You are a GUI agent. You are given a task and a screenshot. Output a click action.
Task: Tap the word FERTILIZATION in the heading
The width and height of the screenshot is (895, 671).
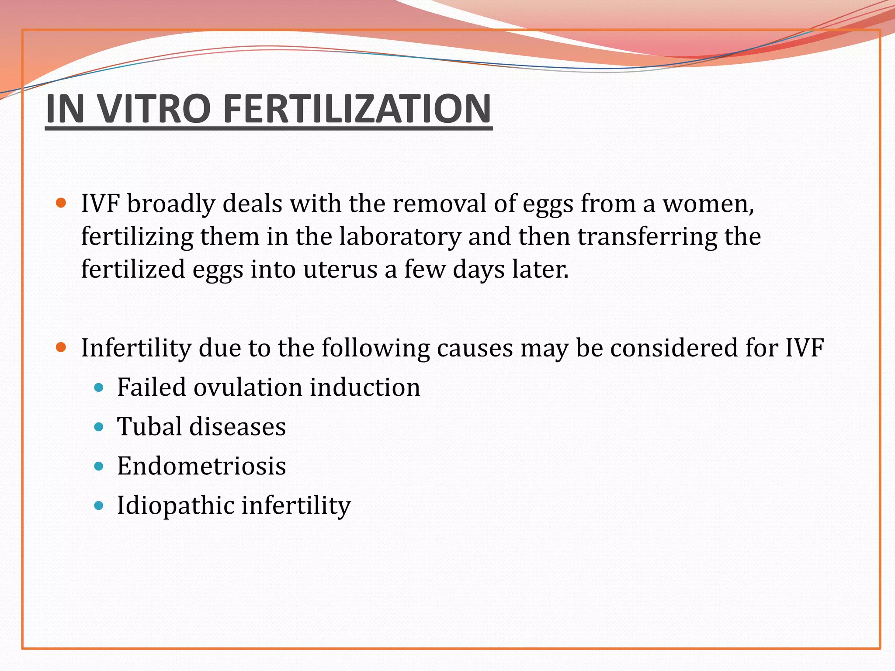(357, 109)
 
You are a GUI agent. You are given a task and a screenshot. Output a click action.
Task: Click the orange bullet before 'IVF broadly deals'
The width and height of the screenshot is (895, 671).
(61, 203)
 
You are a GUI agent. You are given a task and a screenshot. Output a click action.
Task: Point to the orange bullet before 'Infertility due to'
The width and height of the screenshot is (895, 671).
(61, 348)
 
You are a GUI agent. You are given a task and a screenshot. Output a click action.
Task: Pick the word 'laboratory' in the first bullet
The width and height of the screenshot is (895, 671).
(400, 237)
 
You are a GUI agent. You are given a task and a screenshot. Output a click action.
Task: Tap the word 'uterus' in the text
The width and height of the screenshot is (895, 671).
(340, 270)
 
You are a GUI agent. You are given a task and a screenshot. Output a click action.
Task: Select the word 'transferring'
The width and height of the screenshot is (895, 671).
(647, 237)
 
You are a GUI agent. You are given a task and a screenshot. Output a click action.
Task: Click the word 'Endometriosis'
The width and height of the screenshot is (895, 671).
(201, 466)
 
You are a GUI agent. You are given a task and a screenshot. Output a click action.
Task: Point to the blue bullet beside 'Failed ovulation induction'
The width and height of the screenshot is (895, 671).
(99, 387)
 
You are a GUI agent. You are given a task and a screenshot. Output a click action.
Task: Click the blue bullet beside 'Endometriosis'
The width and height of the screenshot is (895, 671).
(99, 466)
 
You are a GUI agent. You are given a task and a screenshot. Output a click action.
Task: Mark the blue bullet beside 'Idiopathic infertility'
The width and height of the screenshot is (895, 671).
(99, 506)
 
